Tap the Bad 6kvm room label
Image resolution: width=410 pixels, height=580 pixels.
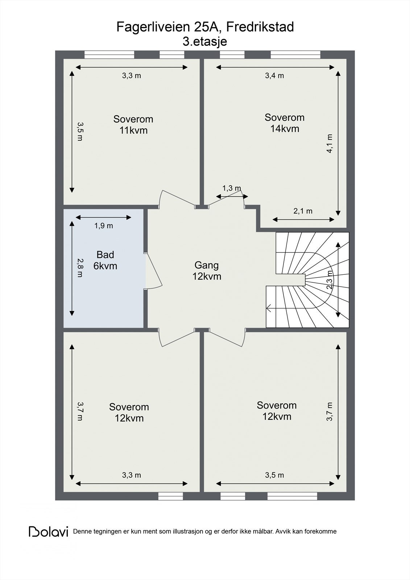[x=105, y=260]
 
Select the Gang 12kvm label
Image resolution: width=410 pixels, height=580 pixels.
[x=207, y=270]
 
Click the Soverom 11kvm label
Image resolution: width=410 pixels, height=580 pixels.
[x=133, y=125]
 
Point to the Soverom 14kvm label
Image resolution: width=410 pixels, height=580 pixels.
[x=284, y=123]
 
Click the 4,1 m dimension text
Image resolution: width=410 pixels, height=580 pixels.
[x=330, y=144]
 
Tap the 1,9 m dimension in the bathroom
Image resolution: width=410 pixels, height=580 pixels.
[x=104, y=226]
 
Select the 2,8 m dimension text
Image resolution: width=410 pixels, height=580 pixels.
[x=80, y=268]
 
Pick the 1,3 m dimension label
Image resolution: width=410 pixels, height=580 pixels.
[x=232, y=188]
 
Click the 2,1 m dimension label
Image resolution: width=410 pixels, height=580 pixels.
[x=303, y=211]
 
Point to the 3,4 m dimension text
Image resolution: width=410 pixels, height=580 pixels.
[x=274, y=76]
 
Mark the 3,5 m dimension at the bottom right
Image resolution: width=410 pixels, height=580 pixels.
[x=274, y=475]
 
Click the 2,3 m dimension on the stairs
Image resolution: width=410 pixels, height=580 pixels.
[x=330, y=279]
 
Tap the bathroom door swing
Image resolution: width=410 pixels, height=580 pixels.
[x=154, y=270]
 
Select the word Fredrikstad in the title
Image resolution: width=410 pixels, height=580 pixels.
[x=260, y=27]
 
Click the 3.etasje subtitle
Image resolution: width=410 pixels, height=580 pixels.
[x=205, y=41]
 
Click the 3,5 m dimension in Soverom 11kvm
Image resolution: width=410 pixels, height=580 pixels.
[x=80, y=132]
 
